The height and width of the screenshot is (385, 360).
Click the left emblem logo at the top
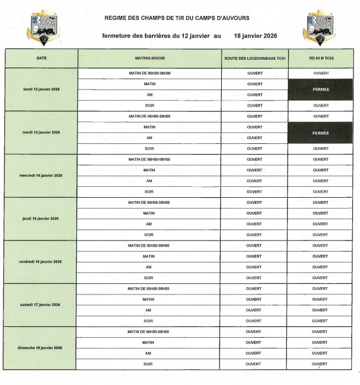38,27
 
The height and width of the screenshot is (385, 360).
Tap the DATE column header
42,58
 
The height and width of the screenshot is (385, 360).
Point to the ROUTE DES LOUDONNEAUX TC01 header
255,58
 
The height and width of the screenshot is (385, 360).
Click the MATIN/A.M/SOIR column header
148,58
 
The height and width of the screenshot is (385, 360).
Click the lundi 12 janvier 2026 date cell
42,90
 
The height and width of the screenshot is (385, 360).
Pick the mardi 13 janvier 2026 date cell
42,132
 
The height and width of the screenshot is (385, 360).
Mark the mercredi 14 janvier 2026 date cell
42,176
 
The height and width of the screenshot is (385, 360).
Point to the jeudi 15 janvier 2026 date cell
42,219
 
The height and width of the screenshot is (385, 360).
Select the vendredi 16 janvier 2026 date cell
42,261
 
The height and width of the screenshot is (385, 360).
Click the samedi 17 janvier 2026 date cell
42,304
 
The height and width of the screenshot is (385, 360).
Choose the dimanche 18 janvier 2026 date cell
42,348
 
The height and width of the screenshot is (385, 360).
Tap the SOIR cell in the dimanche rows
148,364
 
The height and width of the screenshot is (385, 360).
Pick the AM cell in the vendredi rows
148,267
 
